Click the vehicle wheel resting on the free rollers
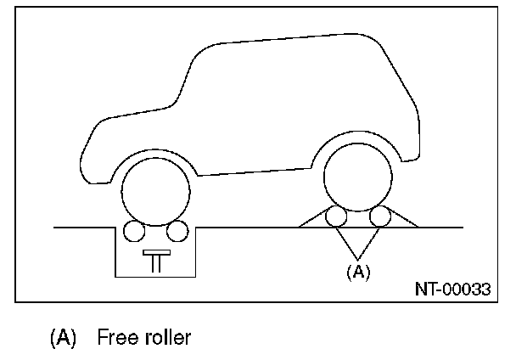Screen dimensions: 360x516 click(358, 178)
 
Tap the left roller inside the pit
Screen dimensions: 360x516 click(132, 230)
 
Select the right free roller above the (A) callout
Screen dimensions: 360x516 click(380, 217)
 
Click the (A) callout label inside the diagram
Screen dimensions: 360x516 click(359, 272)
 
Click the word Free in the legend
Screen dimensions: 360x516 click(115, 337)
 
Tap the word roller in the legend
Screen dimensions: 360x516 click(166, 337)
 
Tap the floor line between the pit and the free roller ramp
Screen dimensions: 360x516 click(246, 228)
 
